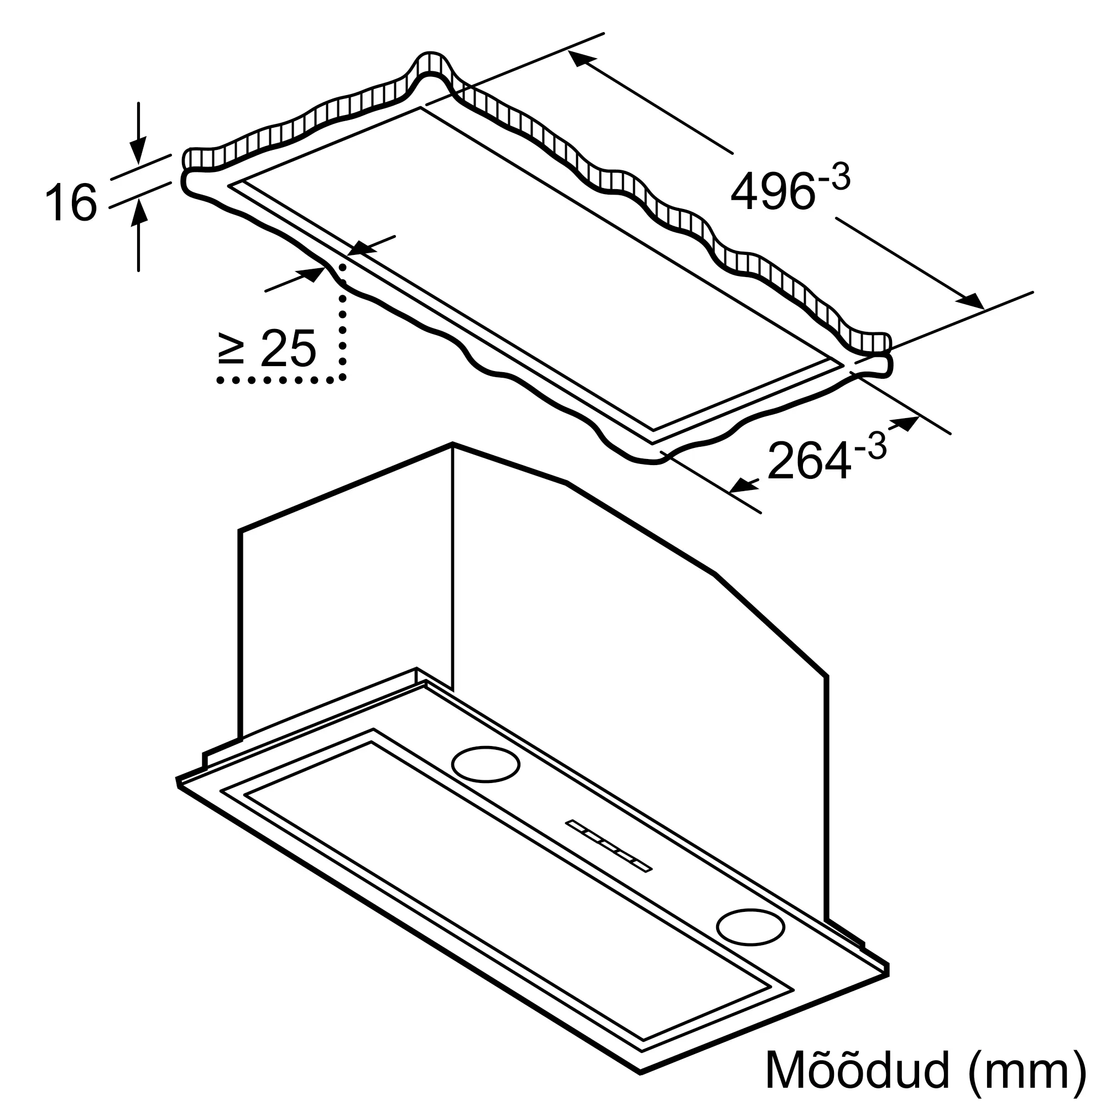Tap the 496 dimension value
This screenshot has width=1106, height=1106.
[x=772, y=191]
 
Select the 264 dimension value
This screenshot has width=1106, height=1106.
[x=809, y=460]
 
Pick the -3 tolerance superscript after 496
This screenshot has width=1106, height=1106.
[x=834, y=179]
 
